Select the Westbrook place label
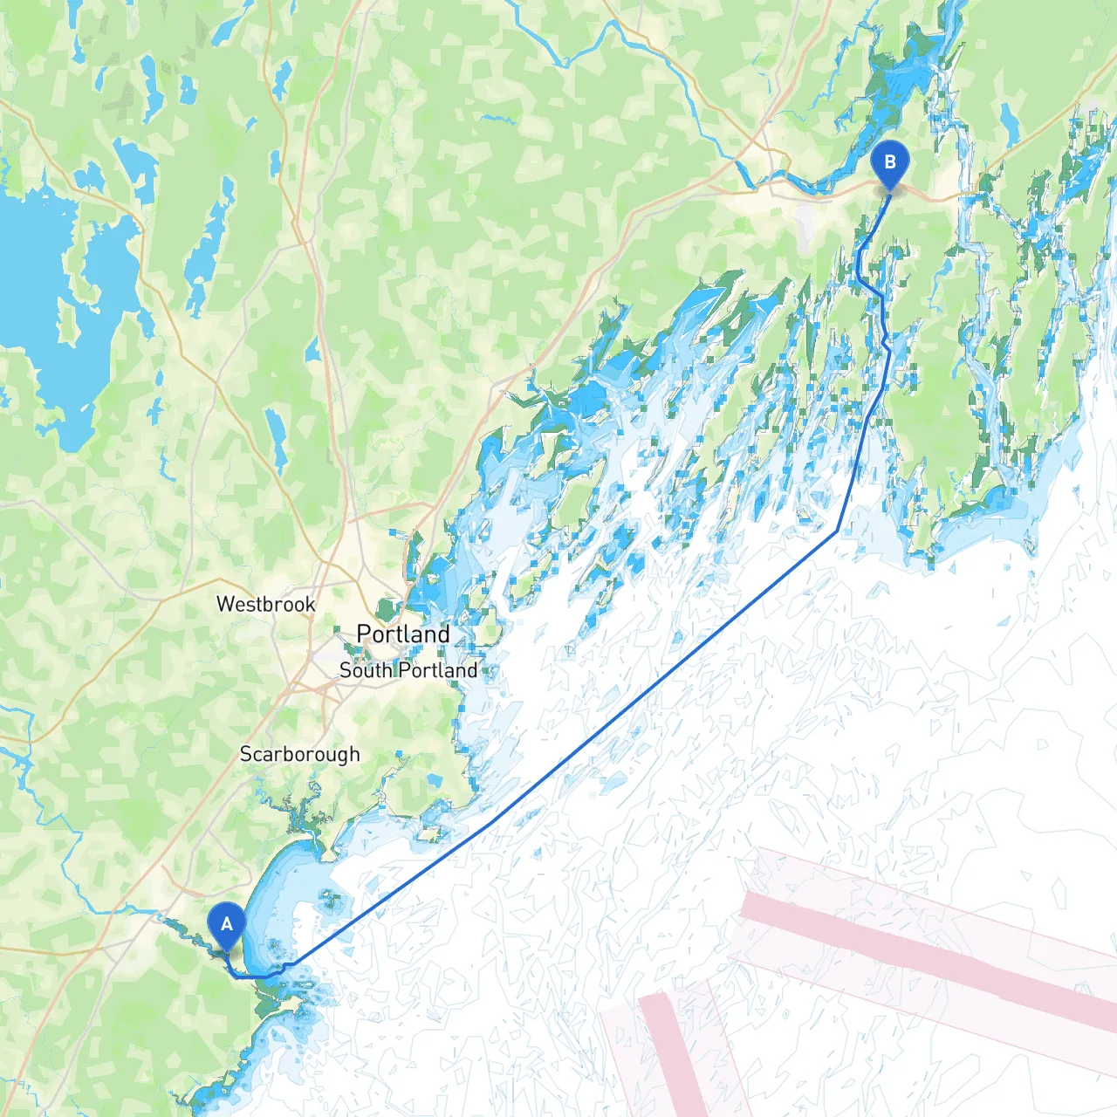point(265,604)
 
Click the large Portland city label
point(403,634)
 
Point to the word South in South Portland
point(365,670)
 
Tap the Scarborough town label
point(299,754)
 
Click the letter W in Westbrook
point(224,604)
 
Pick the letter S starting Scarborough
point(246,754)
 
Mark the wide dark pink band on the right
point(925,956)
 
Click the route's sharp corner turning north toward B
point(838,530)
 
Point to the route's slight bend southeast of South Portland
point(491,821)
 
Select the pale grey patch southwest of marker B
point(805,223)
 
